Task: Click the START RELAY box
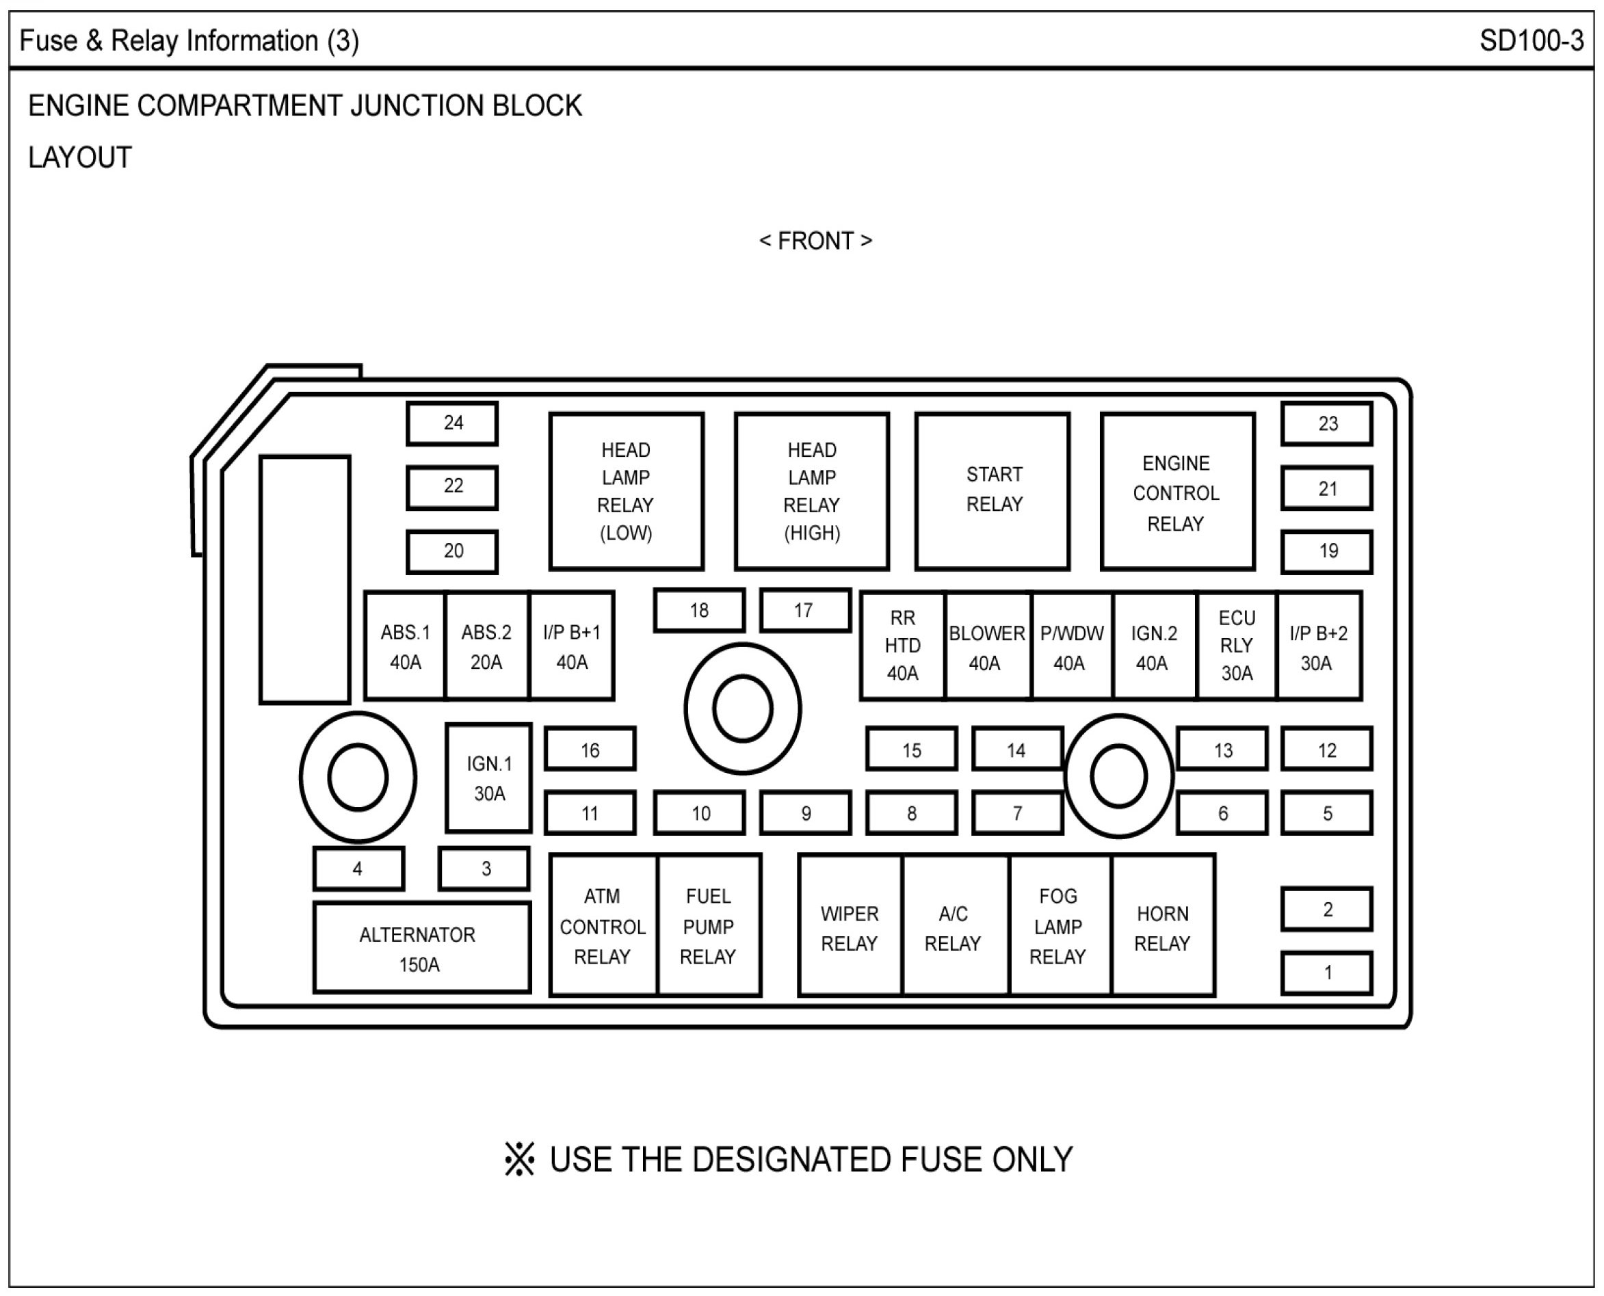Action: pyautogui.click(x=992, y=490)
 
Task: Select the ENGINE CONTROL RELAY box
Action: pyautogui.click(x=1177, y=492)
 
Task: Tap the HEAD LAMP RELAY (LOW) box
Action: pyautogui.click(x=626, y=491)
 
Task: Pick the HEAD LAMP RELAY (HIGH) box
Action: pyautogui.click(x=812, y=491)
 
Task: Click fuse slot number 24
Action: pyautogui.click(x=453, y=423)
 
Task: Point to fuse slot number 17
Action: pyautogui.click(x=805, y=611)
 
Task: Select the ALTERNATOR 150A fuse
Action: pyautogui.click(x=422, y=948)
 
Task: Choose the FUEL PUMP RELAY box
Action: pyautogui.click(x=709, y=926)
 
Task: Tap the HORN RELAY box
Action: pyautogui.click(x=1163, y=927)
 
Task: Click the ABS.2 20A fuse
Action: pyautogui.click(x=487, y=646)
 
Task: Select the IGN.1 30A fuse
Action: pyautogui.click(x=489, y=778)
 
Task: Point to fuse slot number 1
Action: pyautogui.click(x=1327, y=973)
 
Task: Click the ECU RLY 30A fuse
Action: pyautogui.click(x=1237, y=646)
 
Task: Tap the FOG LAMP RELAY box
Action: pyautogui.click(x=1059, y=927)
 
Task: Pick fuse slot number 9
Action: pyautogui.click(x=805, y=813)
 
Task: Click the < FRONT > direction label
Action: pyautogui.click(x=815, y=241)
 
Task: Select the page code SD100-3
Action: pyautogui.click(x=1531, y=41)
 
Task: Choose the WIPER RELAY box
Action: pyautogui.click(x=850, y=927)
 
